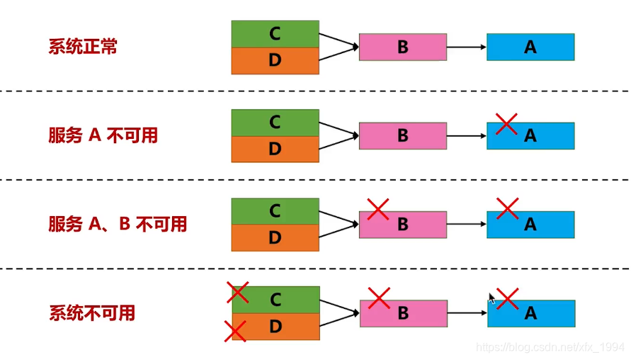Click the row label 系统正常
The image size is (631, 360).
click(x=83, y=47)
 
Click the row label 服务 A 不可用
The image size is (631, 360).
click(x=103, y=136)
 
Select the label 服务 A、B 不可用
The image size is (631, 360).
click(x=118, y=225)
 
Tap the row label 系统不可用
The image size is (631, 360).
click(x=92, y=313)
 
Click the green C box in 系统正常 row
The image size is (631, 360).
click(x=275, y=34)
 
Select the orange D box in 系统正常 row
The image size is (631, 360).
click(x=275, y=61)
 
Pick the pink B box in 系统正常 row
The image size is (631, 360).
click(x=402, y=47)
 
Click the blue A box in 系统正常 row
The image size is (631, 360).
click(x=530, y=47)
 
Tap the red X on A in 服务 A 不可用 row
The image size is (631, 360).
click(x=506, y=123)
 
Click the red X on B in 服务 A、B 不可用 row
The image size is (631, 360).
click(x=378, y=209)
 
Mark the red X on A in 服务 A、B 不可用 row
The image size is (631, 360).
click(x=507, y=208)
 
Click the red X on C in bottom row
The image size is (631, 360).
click(x=237, y=291)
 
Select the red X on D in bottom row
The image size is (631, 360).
click(x=235, y=330)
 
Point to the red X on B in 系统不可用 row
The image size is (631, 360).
click(x=379, y=298)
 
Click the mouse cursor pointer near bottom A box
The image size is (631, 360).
click(x=491, y=298)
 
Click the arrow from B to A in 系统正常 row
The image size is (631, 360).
click(x=467, y=47)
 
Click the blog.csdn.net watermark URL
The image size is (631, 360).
click(x=550, y=347)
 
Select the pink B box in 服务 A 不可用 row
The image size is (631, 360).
click(x=402, y=136)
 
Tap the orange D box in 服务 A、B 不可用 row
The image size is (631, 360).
click(x=275, y=238)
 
